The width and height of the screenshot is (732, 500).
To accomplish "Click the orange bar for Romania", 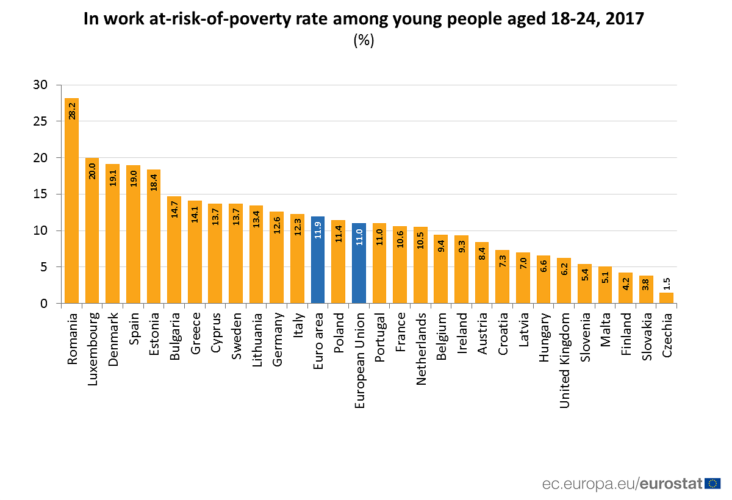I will tap(71, 201).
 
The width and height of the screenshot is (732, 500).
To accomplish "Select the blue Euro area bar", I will tap(317, 260).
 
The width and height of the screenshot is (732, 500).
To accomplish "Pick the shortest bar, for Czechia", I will tap(667, 298).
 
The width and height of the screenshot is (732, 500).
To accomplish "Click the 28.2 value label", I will tap(72, 110).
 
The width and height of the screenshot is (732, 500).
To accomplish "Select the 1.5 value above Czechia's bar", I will tap(667, 284).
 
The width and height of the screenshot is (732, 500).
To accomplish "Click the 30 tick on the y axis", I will tap(40, 85).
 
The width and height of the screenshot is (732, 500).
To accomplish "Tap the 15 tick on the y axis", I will tap(40, 195).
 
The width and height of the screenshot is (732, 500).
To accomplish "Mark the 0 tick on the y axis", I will tap(43, 304).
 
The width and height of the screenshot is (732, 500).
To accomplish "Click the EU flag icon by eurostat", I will tap(712, 484).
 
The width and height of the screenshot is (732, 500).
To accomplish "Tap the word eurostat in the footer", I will tap(671, 484).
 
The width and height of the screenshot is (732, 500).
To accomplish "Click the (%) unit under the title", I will tap(364, 41).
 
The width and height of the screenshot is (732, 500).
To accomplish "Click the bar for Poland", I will tap(338, 262).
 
